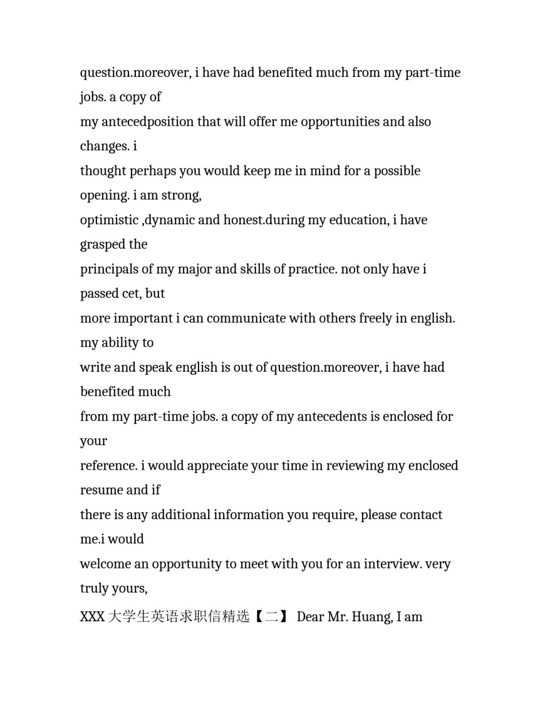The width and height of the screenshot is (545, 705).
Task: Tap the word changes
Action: coord(104,146)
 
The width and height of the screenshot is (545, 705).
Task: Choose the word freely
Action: coord(368,318)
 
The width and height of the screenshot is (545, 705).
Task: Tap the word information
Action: coord(249,515)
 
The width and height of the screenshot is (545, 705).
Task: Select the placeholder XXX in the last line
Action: coord(92,617)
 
